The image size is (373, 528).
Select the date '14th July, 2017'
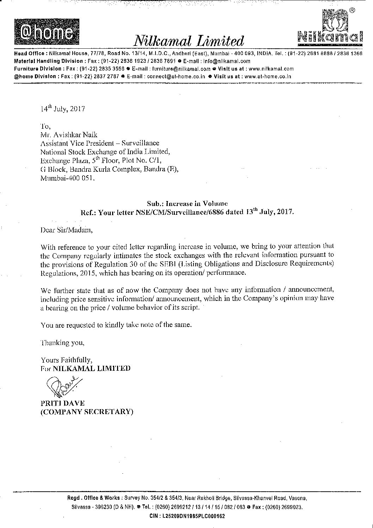click(63, 109)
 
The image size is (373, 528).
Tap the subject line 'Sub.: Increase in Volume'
click(187, 204)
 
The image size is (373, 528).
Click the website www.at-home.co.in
click(268, 76)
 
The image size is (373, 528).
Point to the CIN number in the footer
click(187, 516)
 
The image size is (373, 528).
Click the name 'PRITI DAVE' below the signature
click(62, 403)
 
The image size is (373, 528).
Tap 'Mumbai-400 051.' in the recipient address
click(68, 178)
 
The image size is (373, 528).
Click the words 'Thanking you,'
click(62, 342)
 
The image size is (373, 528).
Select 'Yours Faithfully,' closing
click(67, 360)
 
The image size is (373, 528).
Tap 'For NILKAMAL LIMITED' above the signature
click(85, 369)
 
